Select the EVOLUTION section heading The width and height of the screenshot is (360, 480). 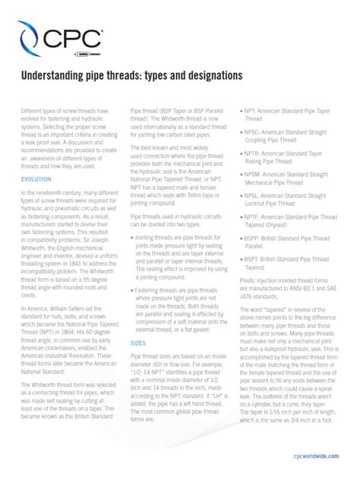click(x=36, y=179)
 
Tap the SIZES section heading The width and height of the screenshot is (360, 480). click(x=138, y=343)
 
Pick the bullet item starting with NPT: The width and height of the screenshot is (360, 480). click(x=288, y=115)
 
